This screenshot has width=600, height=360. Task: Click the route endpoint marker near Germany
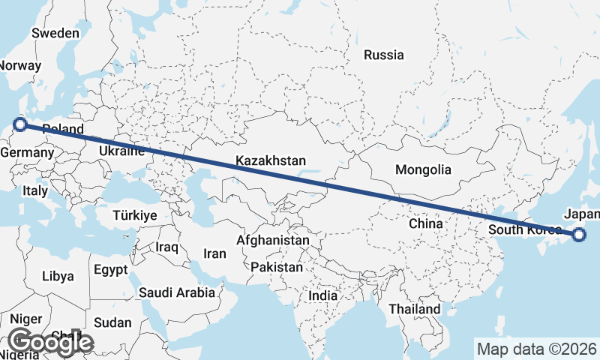coord(20,124)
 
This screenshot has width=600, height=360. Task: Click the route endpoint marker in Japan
coord(579,235)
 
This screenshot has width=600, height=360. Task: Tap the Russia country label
coord(383,55)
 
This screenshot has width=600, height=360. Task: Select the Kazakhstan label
coord(271,160)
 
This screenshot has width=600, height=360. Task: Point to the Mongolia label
coord(424,169)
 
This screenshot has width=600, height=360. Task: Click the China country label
coord(426,223)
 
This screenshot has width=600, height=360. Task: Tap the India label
coord(322,295)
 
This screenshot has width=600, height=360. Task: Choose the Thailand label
coord(414,309)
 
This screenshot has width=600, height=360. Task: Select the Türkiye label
coord(134,215)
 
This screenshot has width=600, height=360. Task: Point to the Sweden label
coord(55,33)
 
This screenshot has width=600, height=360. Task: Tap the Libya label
coord(58,275)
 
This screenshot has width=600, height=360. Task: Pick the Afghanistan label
coord(272,240)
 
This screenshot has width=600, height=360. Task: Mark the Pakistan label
coord(277,267)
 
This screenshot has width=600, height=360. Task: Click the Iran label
coord(214,253)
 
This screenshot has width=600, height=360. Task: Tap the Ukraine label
coord(121,151)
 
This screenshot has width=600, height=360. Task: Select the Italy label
coord(35,190)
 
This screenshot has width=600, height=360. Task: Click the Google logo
coord(50,342)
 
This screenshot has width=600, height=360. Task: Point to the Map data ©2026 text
coord(536,349)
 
